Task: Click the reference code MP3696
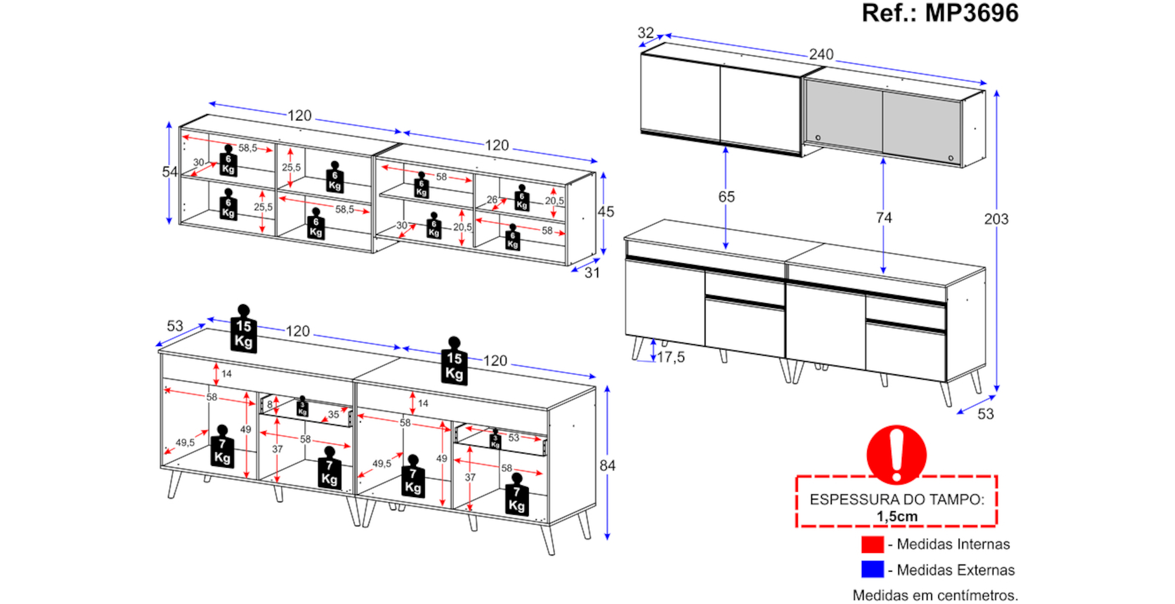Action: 972,13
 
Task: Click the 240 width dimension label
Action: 821,55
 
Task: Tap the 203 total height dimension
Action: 996,219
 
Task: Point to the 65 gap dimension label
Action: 726,197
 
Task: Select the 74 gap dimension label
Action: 884,218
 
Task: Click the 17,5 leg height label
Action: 670,357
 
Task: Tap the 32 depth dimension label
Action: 645,33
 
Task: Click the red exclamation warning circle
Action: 897,454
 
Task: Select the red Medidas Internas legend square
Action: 872,545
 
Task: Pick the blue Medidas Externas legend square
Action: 872,570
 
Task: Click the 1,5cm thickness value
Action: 897,516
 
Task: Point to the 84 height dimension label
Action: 607,466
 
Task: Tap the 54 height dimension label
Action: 169,172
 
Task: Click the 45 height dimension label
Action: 606,212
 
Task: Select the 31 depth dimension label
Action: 592,273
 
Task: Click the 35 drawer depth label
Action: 334,414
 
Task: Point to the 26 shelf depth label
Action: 492,200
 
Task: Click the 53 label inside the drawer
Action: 514,438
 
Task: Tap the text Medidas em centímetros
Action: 935,595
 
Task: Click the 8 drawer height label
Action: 270,404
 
